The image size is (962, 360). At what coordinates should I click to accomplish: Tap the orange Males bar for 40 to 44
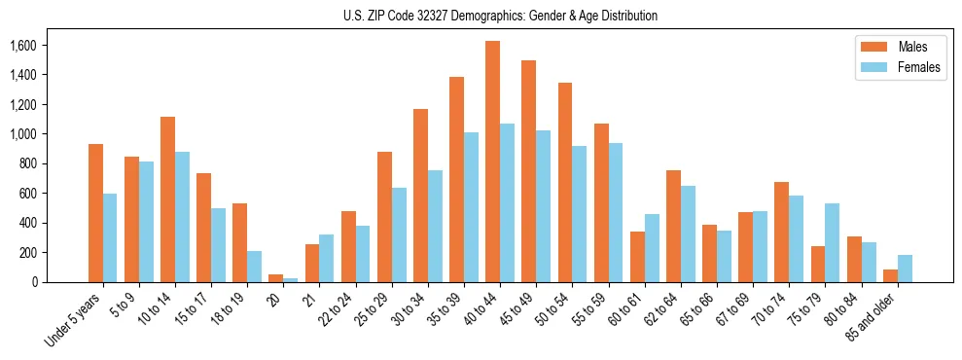coord(492,162)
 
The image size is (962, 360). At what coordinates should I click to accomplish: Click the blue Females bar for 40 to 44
coord(508,203)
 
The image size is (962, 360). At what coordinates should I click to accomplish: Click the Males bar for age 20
coord(276,278)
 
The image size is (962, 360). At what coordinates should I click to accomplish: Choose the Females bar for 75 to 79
coord(833,243)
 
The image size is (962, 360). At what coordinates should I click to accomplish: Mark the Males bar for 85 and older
coord(890,275)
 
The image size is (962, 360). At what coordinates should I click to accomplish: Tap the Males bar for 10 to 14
coord(168,199)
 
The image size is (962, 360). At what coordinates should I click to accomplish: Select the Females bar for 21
coord(327,258)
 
